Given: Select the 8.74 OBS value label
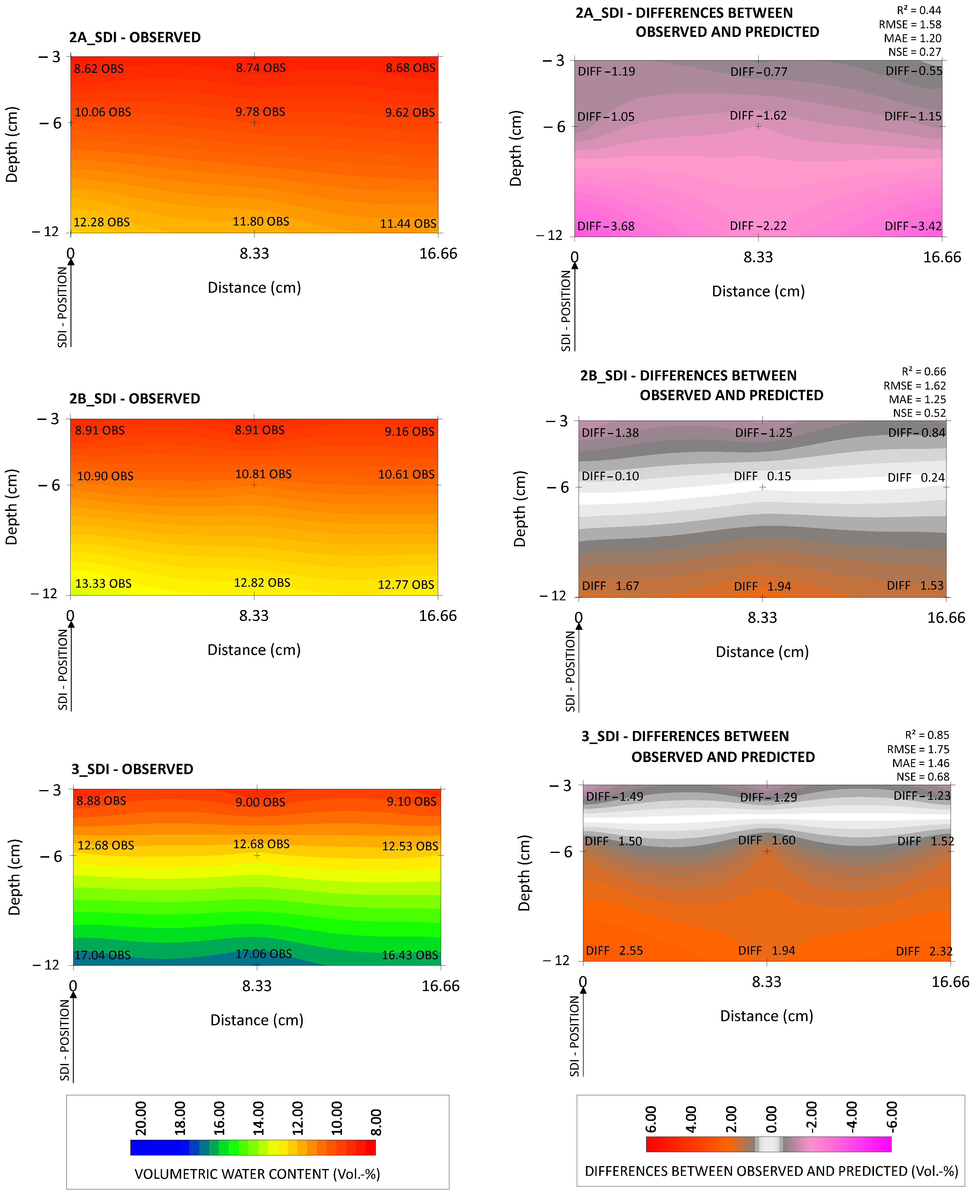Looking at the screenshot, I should (261, 68).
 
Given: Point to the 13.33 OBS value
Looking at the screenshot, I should (104, 584).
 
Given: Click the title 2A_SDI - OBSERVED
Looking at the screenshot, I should (135, 38).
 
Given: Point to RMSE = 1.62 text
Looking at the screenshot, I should (914, 386).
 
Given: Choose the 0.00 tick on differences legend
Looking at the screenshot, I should (771, 1119).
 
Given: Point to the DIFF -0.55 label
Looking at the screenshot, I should (913, 71).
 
